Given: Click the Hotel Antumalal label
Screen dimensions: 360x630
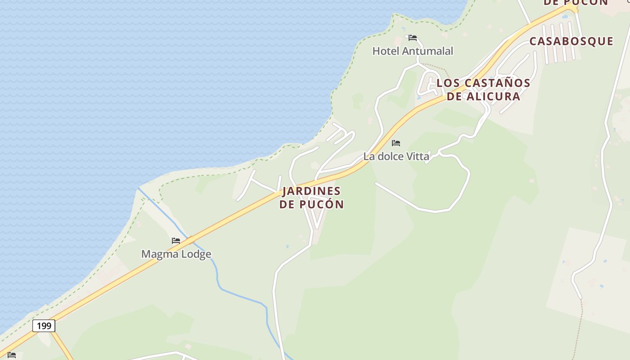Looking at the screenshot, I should (x=413, y=51).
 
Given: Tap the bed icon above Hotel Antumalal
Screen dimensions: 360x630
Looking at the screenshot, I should (x=413, y=38).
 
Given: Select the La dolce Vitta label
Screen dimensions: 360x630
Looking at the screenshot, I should (x=396, y=156).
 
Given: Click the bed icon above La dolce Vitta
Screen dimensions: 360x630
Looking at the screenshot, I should (x=396, y=143).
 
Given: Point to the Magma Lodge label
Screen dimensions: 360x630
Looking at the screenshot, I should (x=176, y=254).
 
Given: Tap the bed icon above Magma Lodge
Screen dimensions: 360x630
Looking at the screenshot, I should (x=176, y=241).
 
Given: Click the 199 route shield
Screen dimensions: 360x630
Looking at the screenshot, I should (x=44, y=325).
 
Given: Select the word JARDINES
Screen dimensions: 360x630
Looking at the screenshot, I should (x=311, y=191).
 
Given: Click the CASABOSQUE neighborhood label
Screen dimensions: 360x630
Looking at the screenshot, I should (x=571, y=41).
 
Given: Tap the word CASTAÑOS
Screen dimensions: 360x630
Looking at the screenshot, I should (x=497, y=83).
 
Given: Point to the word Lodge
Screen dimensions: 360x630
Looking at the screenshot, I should (x=195, y=254).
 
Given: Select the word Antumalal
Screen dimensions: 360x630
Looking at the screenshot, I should (x=427, y=51).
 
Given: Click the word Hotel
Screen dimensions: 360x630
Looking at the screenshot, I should (x=386, y=51).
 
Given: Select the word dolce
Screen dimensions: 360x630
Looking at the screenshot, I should (x=390, y=156).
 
